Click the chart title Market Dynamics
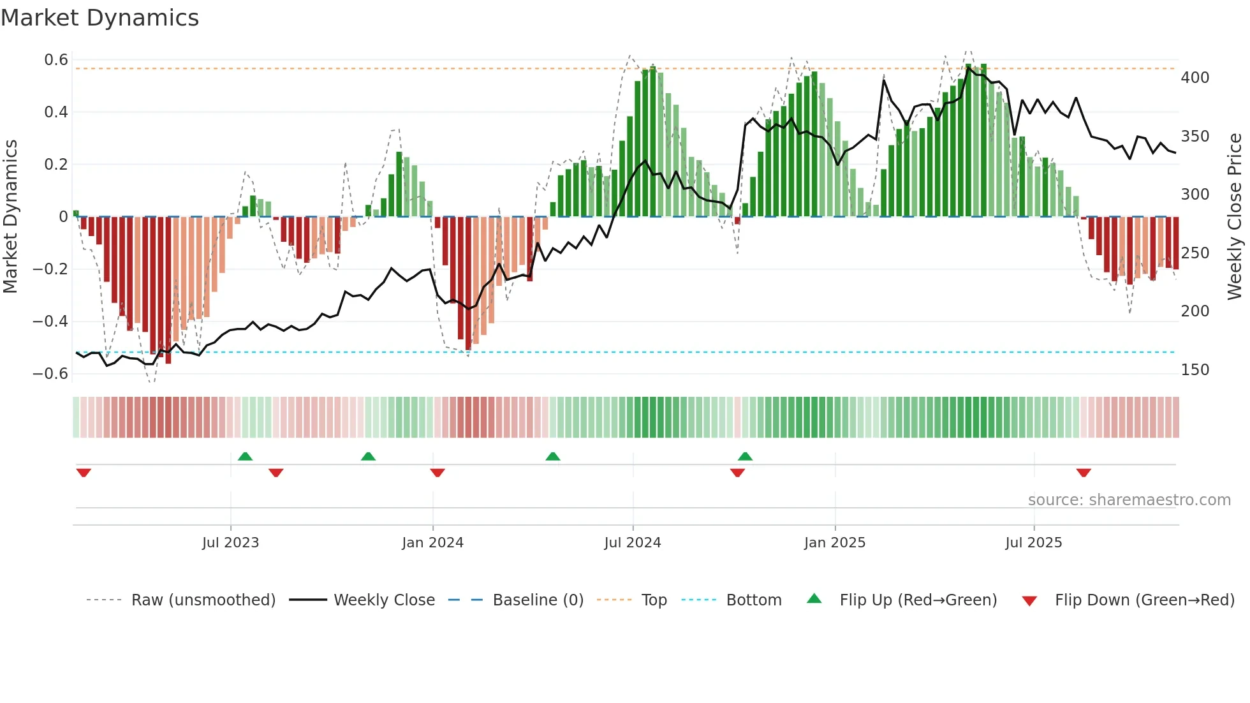tap(100, 18)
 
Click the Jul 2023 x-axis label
tap(230, 543)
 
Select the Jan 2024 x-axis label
tap(432, 543)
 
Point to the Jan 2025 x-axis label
tap(834, 543)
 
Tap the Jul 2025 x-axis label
tap(1033, 543)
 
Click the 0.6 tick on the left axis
tap(56, 60)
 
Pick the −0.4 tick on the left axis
tap(50, 322)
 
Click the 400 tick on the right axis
tap(1195, 78)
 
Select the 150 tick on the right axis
tap(1195, 370)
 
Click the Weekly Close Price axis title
tap(1235, 217)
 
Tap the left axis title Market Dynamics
tap(10, 217)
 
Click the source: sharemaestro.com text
tap(1129, 500)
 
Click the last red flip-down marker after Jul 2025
tap(1083, 473)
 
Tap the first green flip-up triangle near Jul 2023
tap(245, 456)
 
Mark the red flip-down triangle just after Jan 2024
tap(437, 473)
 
